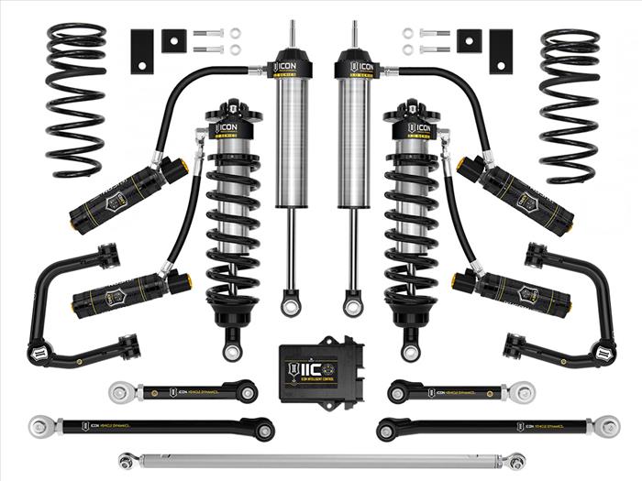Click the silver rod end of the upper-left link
(x=119, y=392)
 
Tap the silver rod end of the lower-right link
(x=603, y=426)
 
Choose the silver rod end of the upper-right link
(x=523, y=392)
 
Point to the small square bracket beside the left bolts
(x=173, y=41)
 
